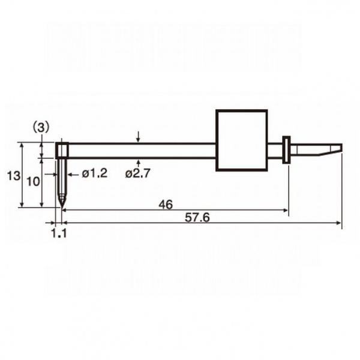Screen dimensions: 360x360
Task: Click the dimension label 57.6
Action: [197, 217]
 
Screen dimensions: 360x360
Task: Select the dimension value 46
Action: [166, 205]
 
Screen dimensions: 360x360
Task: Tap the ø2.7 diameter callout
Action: [137, 173]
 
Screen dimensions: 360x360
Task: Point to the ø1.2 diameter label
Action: [94, 173]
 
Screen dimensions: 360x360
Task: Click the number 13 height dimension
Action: [14, 176]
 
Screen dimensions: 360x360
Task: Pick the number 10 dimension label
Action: [33, 182]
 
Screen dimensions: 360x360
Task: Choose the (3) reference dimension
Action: [41, 127]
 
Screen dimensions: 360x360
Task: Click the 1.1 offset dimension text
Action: [59, 233]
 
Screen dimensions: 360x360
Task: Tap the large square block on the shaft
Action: [242, 140]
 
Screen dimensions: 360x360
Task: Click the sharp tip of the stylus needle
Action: [62, 208]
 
